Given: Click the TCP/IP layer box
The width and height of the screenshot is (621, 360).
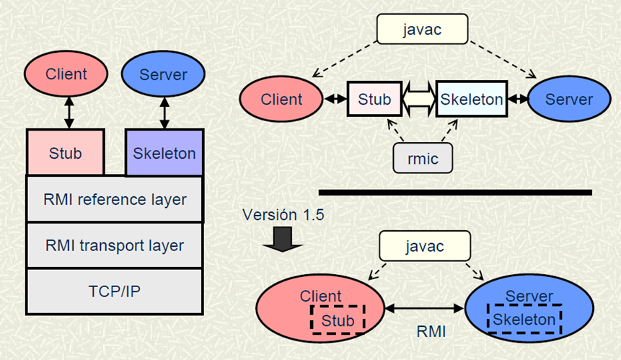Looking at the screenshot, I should tap(114, 291).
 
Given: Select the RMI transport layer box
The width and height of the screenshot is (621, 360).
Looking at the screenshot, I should tap(114, 245).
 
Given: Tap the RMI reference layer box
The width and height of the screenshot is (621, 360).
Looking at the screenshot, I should tap(114, 198).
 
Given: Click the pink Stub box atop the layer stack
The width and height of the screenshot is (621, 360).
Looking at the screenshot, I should tap(65, 153).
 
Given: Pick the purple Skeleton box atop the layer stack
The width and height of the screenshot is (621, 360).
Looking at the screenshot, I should tap(164, 153).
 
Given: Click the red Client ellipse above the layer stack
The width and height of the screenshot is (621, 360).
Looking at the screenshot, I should tap(66, 74).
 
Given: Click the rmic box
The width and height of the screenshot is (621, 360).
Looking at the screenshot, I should tap(423, 158).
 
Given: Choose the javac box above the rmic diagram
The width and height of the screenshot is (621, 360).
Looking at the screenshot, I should tap(422, 30).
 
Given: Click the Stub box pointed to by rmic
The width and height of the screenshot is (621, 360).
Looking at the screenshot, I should tap(374, 99).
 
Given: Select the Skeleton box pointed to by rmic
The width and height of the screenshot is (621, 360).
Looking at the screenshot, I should tap(471, 99).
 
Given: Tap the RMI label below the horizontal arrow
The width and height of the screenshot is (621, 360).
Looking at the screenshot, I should tap(431, 332).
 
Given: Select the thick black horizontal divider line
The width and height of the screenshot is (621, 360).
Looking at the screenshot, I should tap(455, 193).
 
